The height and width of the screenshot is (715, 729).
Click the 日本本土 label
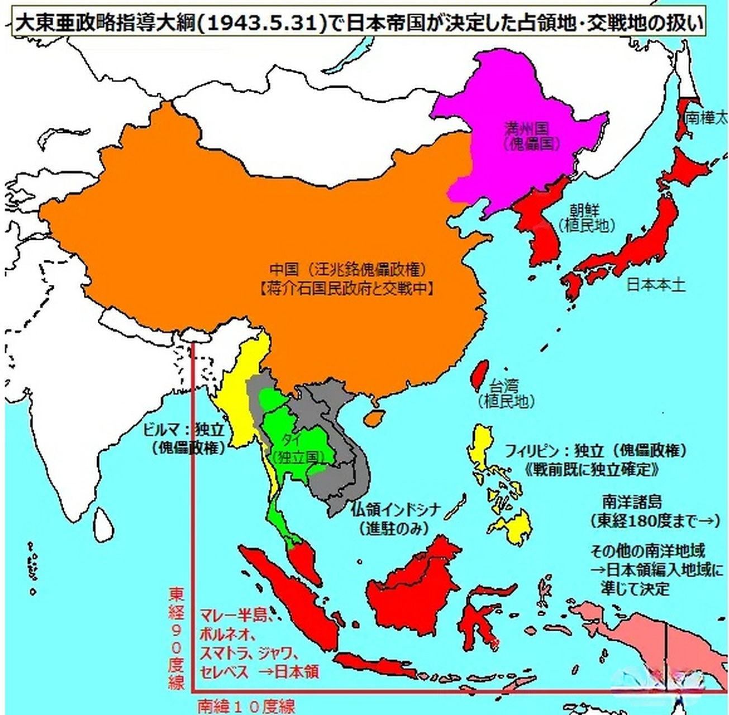655,285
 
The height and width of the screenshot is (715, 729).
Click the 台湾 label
504,385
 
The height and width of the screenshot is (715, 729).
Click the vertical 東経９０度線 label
177,637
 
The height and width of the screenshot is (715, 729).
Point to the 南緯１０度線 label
246,706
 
